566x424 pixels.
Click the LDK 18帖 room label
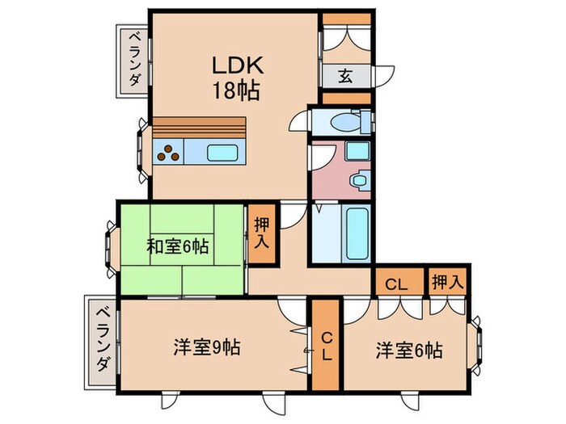[x=236, y=78]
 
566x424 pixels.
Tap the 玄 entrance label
[x=344, y=77]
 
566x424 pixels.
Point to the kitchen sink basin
[x=221, y=152]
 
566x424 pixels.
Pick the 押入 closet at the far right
[x=448, y=283]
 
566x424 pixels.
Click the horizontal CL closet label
[x=397, y=283]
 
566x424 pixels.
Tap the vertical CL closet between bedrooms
[x=326, y=346]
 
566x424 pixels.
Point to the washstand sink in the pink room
[x=357, y=179]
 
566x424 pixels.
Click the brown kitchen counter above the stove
[x=198, y=128]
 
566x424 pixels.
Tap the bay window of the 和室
[x=111, y=246]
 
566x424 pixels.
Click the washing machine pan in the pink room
[x=357, y=151]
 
